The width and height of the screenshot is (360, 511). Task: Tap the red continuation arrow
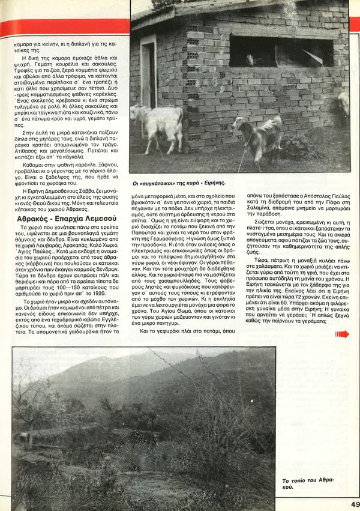pyautogui.click(x=342, y=333)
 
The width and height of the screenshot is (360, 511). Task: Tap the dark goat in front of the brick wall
pyautogui.click(x=265, y=136)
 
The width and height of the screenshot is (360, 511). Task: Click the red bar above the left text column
pyautogui.click(x=64, y=27)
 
